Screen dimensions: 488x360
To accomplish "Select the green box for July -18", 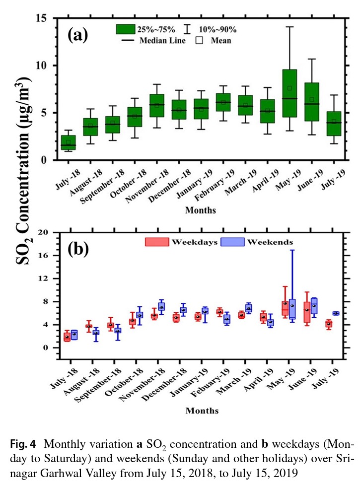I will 69,142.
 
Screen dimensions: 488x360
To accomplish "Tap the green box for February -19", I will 223,102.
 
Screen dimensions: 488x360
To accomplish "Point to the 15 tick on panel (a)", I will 47,18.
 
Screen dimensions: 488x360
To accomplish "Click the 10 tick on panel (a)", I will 47,66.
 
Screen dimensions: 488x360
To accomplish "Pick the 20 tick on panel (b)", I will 46,232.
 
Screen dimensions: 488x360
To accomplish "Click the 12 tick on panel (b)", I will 46,279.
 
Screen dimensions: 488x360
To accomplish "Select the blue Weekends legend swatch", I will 232,242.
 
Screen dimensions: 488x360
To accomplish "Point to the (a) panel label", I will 78,36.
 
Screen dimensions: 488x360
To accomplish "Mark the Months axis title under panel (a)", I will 201,210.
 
